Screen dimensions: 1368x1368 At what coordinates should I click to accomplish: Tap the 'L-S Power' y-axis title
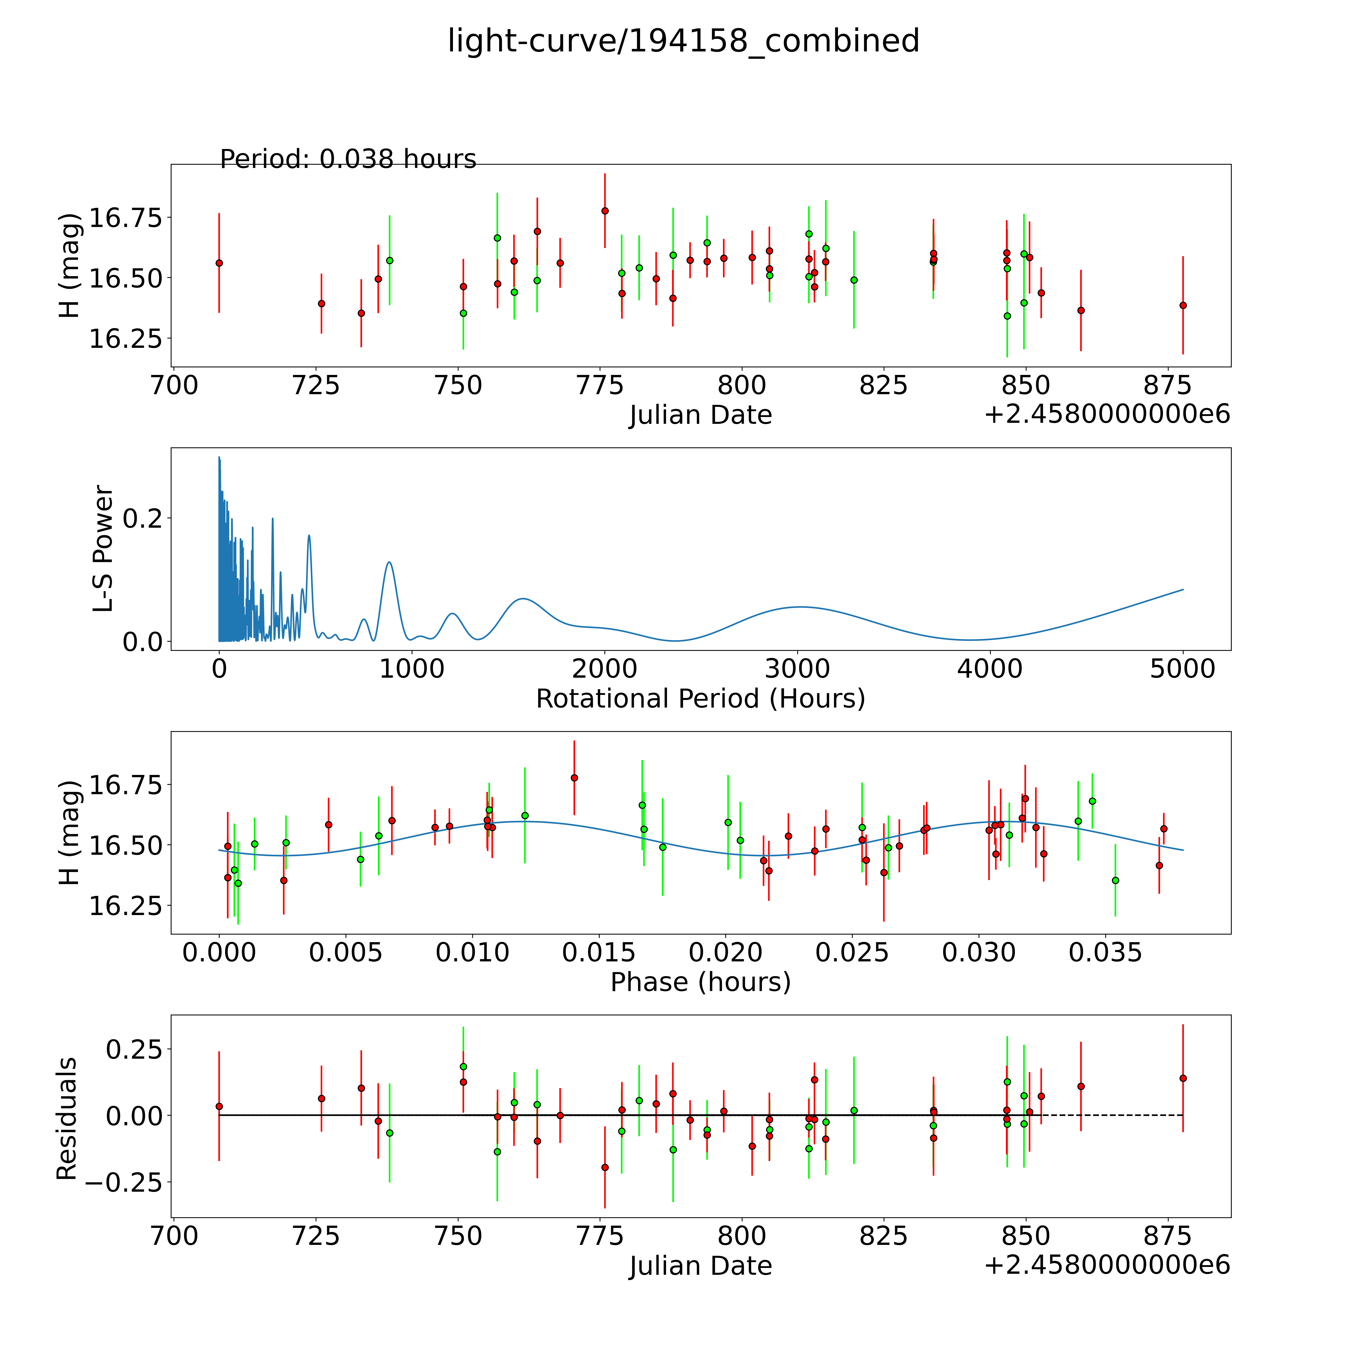[x=103, y=549]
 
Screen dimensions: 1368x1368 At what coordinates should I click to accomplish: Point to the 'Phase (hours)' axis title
[x=700, y=982]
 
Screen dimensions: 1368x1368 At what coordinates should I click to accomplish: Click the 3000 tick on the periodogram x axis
[x=797, y=669]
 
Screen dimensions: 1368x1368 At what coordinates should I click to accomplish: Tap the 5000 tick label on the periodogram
[x=1183, y=669]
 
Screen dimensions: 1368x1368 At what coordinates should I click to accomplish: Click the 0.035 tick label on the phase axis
[x=1105, y=952]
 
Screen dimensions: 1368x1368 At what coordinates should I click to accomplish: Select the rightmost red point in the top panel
[x=1183, y=305]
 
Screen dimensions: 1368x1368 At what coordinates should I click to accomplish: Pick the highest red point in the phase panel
[x=574, y=777]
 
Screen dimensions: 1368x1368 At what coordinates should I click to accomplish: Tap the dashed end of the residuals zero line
[x=1183, y=1115]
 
